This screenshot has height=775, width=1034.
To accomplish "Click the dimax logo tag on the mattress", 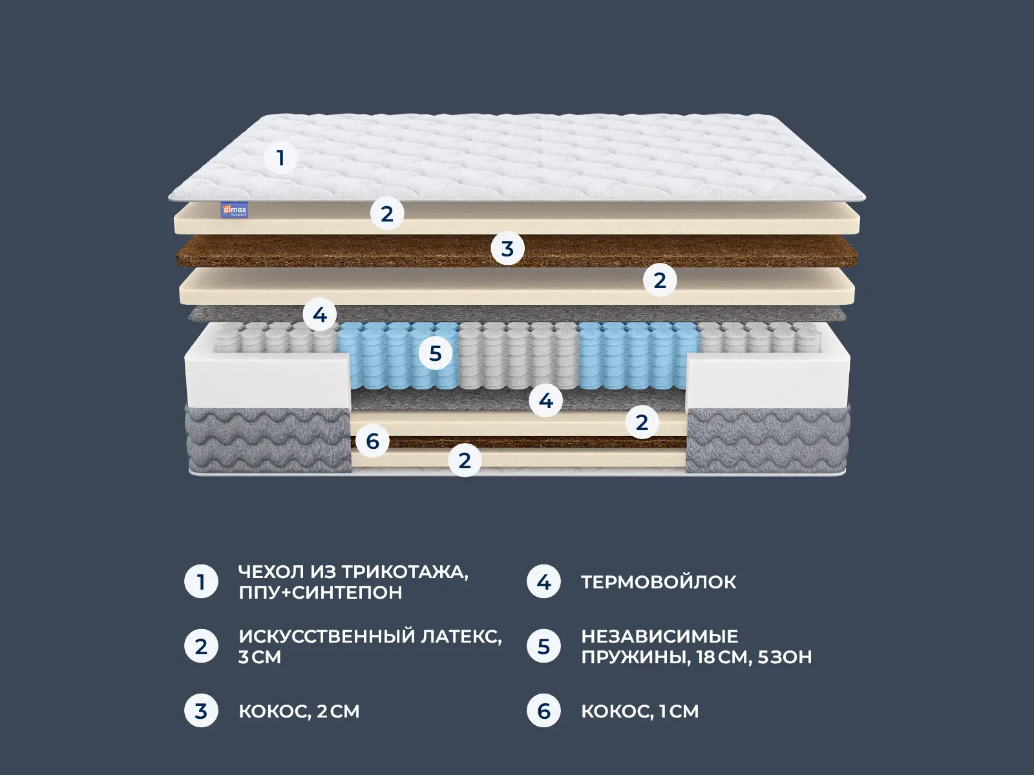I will pos(234,210).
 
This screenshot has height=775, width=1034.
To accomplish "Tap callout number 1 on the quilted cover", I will pos(280,158).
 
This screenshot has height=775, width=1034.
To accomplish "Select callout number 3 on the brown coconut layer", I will pos(507,249).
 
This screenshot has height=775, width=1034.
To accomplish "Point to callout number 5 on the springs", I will pos(435,353).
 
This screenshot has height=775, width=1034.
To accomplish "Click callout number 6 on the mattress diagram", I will pos(372,441).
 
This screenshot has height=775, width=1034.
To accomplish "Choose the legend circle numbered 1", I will pos(201,582).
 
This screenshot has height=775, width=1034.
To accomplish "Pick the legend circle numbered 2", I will pos(201,646).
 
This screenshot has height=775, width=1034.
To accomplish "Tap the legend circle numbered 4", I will pos(543,582).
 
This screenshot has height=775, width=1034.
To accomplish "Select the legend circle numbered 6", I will pos(543,711).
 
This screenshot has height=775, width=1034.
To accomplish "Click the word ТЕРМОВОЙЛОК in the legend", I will pos(659,582).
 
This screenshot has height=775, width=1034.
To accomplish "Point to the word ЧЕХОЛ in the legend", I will pos(271,572).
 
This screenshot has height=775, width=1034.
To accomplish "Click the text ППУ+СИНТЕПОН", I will pos(320,592).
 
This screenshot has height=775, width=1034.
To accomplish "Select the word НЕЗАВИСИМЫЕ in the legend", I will pos(659,636).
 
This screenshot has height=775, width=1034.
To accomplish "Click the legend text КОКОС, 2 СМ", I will pos(299,711).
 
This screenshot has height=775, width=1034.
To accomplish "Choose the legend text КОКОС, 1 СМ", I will pos(640,711).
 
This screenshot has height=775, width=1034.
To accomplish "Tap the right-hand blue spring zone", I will pos(638,355).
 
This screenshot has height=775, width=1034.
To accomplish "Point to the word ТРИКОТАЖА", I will pos(405,572).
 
